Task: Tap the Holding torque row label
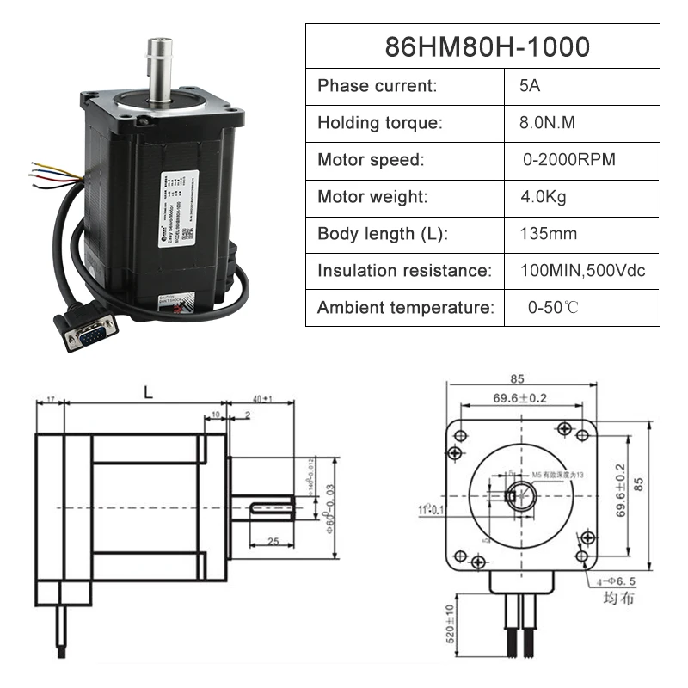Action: [380, 123]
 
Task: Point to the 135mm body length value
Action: [548, 234]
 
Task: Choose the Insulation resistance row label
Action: [404, 271]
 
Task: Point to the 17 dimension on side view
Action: [50, 400]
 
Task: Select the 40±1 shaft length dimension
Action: [262, 399]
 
